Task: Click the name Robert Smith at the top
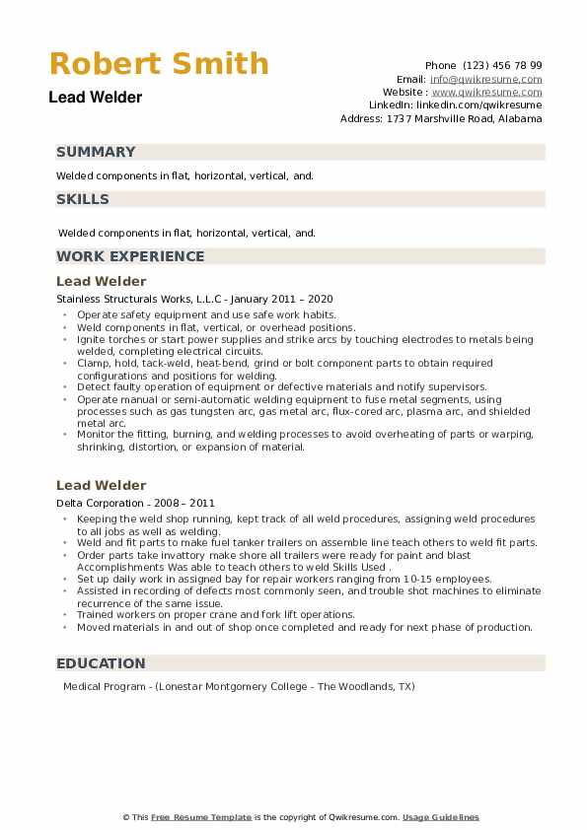159,64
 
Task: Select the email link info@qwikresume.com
485,79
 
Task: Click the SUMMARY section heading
96,152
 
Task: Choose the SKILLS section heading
83,199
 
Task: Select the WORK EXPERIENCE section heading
130,256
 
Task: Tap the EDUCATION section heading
101,663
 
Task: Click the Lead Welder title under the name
96,98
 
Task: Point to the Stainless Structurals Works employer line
194,299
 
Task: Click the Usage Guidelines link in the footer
441,817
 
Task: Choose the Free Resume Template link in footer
202,817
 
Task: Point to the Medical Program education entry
239,686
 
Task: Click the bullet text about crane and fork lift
216,615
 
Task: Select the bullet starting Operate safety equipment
206,314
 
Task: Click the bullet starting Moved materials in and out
304,627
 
